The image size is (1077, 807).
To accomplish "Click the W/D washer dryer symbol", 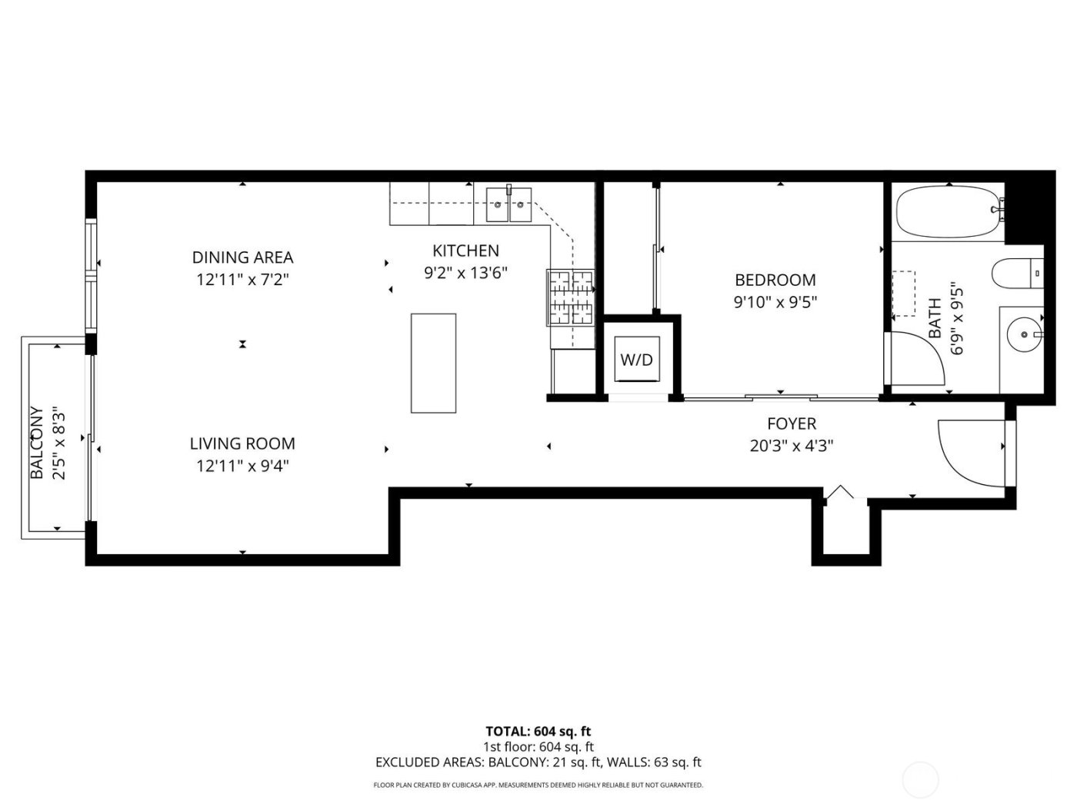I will (637, 360).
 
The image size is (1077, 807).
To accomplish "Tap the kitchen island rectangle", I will (433, 363).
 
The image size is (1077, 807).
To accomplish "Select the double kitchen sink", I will (509, 204).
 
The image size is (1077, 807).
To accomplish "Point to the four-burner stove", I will (570, 297).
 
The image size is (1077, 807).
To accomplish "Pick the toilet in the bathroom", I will (1017, 273).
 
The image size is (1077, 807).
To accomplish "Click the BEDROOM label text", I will (775, 281).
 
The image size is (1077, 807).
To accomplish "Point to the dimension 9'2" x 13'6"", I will (466, 273).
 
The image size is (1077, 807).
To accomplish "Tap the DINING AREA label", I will (242, 257).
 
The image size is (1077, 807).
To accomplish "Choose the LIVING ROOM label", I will (242, 443).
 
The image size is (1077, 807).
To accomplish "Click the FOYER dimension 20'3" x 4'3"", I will (792, 446).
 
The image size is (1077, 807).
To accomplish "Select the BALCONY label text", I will (36, 443).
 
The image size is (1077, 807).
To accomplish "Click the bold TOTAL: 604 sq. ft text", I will (538, 732).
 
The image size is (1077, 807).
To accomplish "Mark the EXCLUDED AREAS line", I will (538, 762).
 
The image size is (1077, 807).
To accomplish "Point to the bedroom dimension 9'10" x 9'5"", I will (775, 302).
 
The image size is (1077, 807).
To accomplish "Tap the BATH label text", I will (935, 319).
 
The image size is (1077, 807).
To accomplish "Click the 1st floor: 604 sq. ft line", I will (538, 747).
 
